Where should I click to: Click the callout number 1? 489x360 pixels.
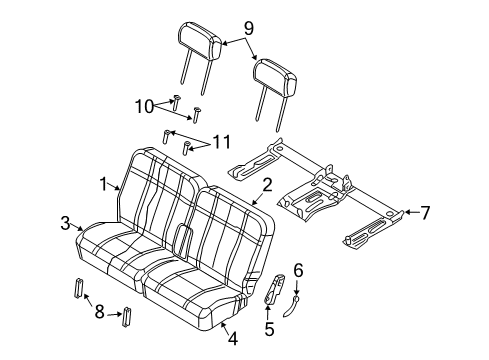[x=103, y=184]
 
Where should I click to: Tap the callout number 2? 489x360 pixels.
[x=267, y=184]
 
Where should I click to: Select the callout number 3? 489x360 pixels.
[x=65, y=222]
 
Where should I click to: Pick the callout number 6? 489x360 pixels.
[x=297, y=269]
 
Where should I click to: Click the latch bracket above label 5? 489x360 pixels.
[x=272, y=287]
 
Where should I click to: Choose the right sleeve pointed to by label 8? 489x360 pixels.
[x=127, y=317]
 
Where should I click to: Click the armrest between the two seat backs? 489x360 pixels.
[x=183, y=241]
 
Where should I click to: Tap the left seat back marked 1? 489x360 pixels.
[x=160, y=190]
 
